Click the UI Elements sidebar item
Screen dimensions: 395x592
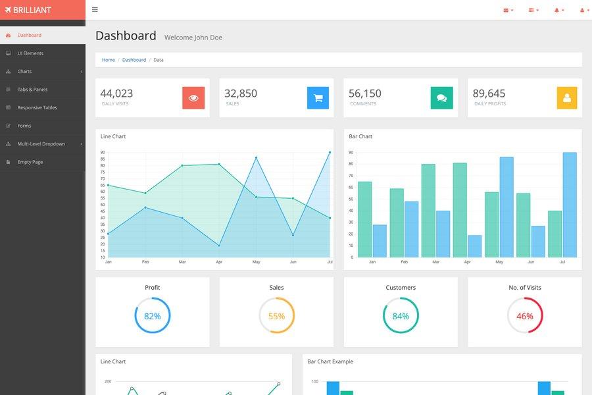(x=30, y=53)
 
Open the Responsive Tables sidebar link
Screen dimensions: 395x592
(x=37, y=107)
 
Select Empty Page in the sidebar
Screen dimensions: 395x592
(x=30, y=162)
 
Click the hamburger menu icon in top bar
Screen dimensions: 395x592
(x=95, y=10)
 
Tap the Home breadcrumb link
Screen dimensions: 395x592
(x=108, y=60)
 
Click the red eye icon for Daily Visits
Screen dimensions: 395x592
(x=193, y=98)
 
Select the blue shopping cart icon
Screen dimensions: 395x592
(x=318, y=98)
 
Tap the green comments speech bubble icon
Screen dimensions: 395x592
(x=441, y=98)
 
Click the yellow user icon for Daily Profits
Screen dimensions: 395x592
(x=566, y=98)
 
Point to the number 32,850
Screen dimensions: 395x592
(x=241, y=93)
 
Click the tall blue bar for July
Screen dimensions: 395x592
(x=569, y=205)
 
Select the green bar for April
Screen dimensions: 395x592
(x=460, y=210)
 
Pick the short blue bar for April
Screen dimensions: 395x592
(x=474, y=246)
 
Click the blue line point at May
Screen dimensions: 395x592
(x=256, y=158)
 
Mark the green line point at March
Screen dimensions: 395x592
(x=182, y=166)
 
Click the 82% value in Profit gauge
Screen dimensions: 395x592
(x=153, y=316)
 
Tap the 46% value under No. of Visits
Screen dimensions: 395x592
(x=525, y=316)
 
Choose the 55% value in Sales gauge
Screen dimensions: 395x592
(x=276, y=316)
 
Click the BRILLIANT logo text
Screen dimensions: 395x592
(x=32, y=10)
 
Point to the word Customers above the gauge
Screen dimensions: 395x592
(x=401, y=288)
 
